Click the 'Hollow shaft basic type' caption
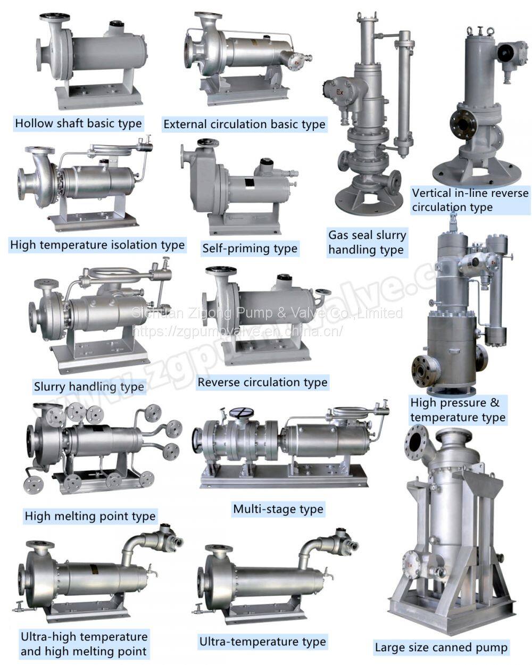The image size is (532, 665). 78,123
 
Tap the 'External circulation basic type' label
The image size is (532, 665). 244,124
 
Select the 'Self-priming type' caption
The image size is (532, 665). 250,248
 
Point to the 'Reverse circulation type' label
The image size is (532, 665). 262,383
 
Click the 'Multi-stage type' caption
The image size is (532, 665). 278,509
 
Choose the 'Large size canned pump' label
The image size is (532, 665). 441,647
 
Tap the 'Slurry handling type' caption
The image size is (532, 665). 89,387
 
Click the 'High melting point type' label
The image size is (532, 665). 90,516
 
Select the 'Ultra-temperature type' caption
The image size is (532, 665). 262,642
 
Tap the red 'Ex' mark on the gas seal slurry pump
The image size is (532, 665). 340,92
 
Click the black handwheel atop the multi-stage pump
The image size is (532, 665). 242,413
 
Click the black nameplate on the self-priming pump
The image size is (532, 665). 249,183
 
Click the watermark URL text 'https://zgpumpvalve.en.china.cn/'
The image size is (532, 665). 237,331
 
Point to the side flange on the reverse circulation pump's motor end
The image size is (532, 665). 323,292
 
